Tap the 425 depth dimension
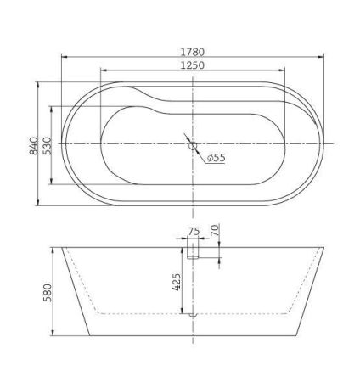point(177,282)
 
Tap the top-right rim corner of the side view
point(324,249)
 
